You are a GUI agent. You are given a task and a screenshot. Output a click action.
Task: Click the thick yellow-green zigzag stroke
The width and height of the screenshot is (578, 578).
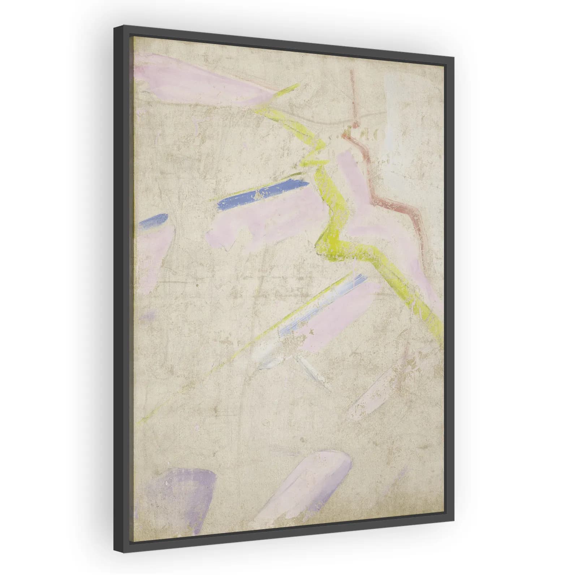tap(332, 217)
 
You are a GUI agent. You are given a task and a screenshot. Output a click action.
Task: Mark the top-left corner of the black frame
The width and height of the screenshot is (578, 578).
tap(115, 26)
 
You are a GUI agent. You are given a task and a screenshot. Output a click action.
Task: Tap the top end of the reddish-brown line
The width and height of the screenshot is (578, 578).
tap(351, 72)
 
